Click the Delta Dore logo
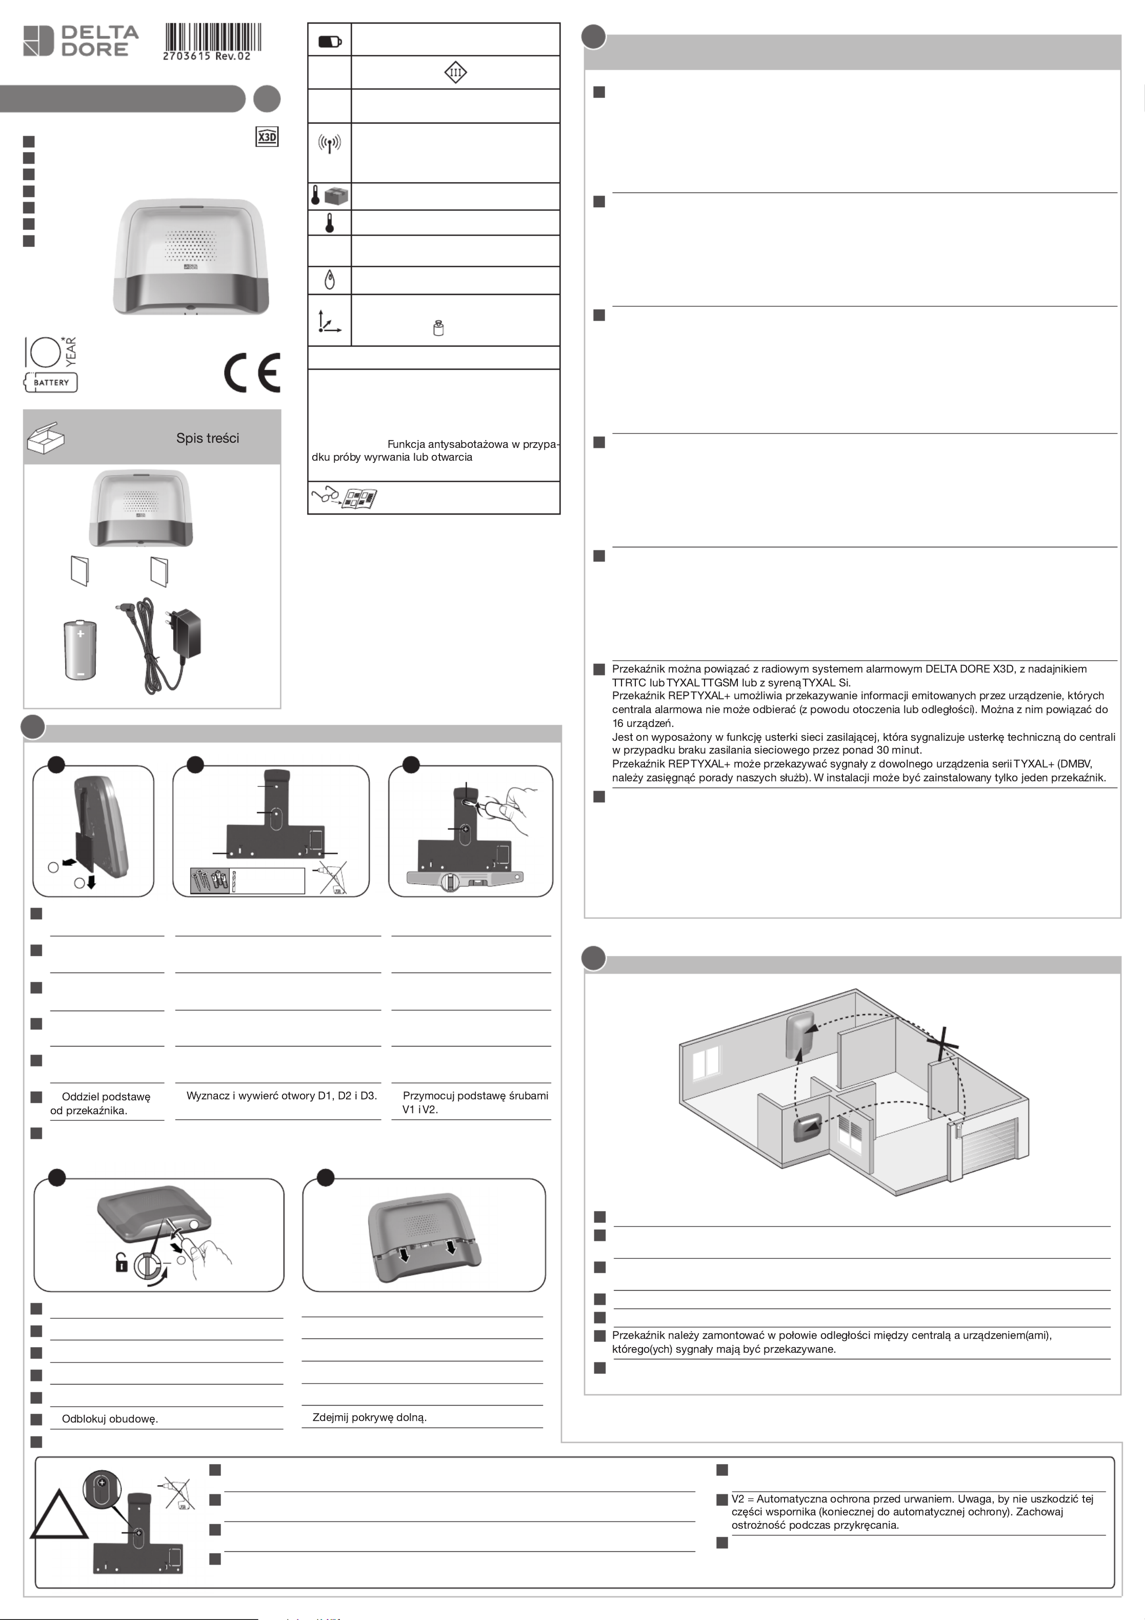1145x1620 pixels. pos(81,40)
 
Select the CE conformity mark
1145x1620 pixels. pos(252,372)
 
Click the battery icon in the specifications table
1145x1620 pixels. pos(330,42)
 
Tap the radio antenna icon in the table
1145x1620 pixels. pos(330,144)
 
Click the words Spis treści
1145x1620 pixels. pos(207,438)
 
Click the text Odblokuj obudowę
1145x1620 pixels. pos(110,1419)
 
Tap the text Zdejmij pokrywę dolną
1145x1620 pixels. pos(370,1417)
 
